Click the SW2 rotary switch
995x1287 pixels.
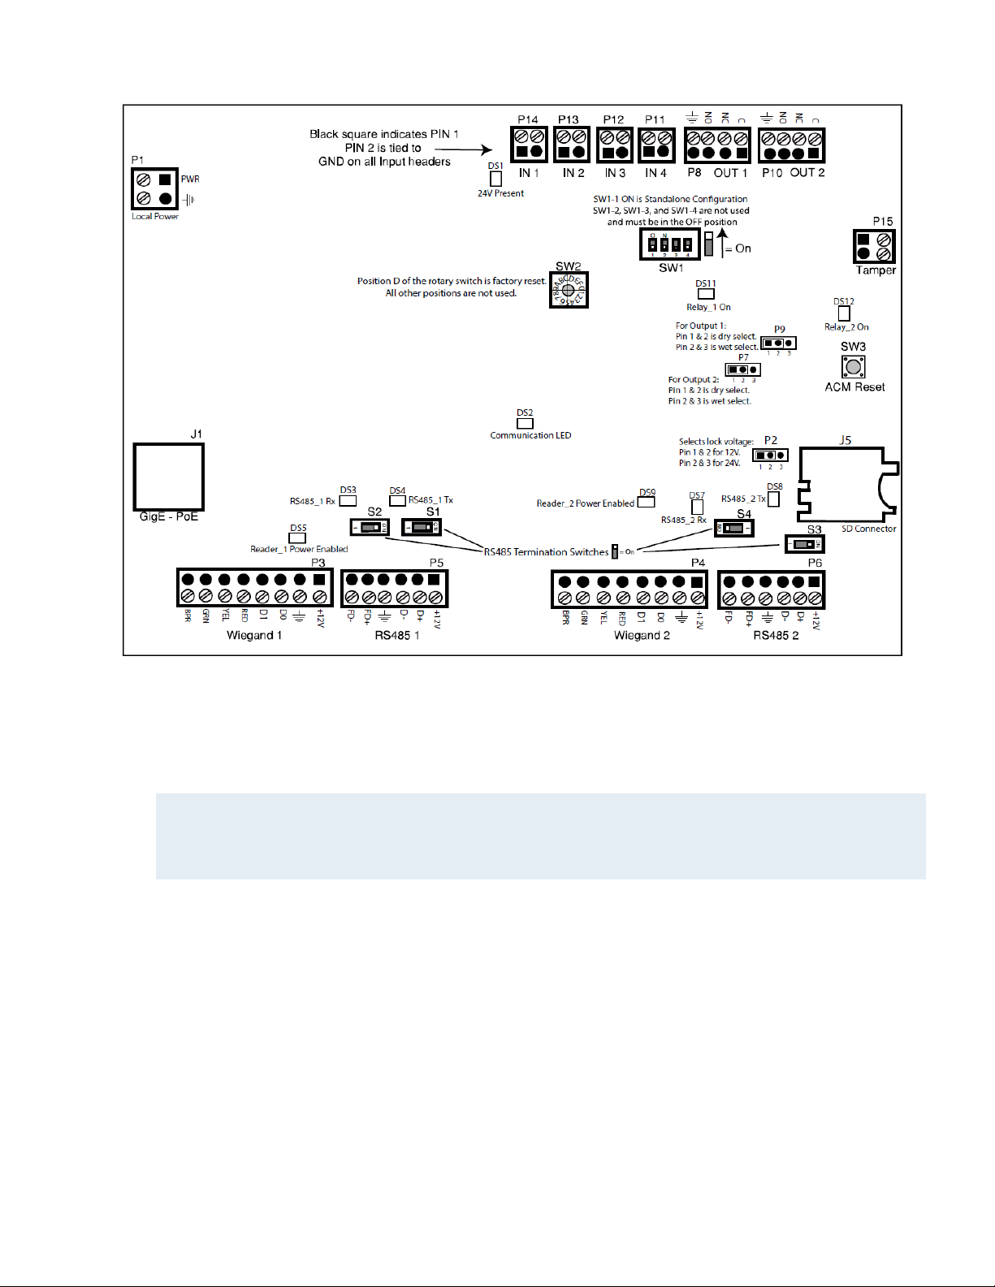click(x=569, y=290)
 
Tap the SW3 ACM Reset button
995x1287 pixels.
click(x=853, y=367)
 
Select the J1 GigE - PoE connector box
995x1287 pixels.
click(x=168, y=477)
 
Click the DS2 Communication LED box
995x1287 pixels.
click(x=526, y=423)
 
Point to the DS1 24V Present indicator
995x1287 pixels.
click(x=495, y=179)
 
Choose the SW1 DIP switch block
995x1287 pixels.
click(x=670, y=244)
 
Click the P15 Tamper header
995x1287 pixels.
click(x=874, y=247)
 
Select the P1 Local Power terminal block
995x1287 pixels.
click(x=154, y=189)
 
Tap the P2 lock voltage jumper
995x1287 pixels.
click(x=770, y=455)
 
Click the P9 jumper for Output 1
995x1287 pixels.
click(x=778, y=343)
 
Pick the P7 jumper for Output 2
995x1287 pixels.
click(x=742, y=369)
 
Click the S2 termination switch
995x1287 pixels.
click(x=370, y=527)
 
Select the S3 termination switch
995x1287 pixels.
click(x=804, y=543)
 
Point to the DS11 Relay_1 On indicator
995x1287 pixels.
click(x=706, y=294)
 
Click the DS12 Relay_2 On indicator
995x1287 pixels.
click(x=844, y=313)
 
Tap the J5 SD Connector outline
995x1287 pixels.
click(x=845, y=485)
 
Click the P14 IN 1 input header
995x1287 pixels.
click(x=529, y=145)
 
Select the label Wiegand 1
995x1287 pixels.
click(x=254, y=635)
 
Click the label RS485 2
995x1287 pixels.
click(x=776, y=635)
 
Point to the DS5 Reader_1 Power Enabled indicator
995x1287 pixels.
click(x=298, y=538)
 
